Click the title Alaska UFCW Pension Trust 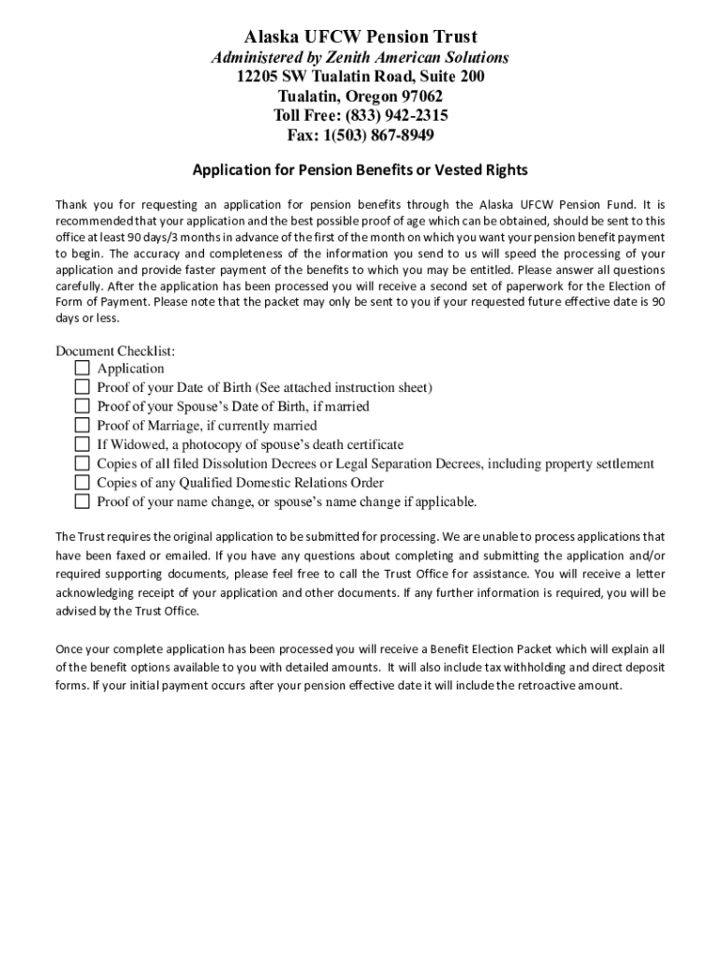tap(360, 37)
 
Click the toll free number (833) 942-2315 tap(397, 116)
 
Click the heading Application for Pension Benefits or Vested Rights tap(360, 170)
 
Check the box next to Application tap(81, 369)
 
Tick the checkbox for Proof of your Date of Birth tap(81, 387)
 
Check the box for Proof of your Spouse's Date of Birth tap(81, 406)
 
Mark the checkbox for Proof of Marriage tap(81, 426)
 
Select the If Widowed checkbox tap(81, 444)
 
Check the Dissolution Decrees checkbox tap(81, 463)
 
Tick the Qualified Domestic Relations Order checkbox tap(81, 483)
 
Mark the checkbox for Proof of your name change tap(81, 501)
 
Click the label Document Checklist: tap(115, 351)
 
